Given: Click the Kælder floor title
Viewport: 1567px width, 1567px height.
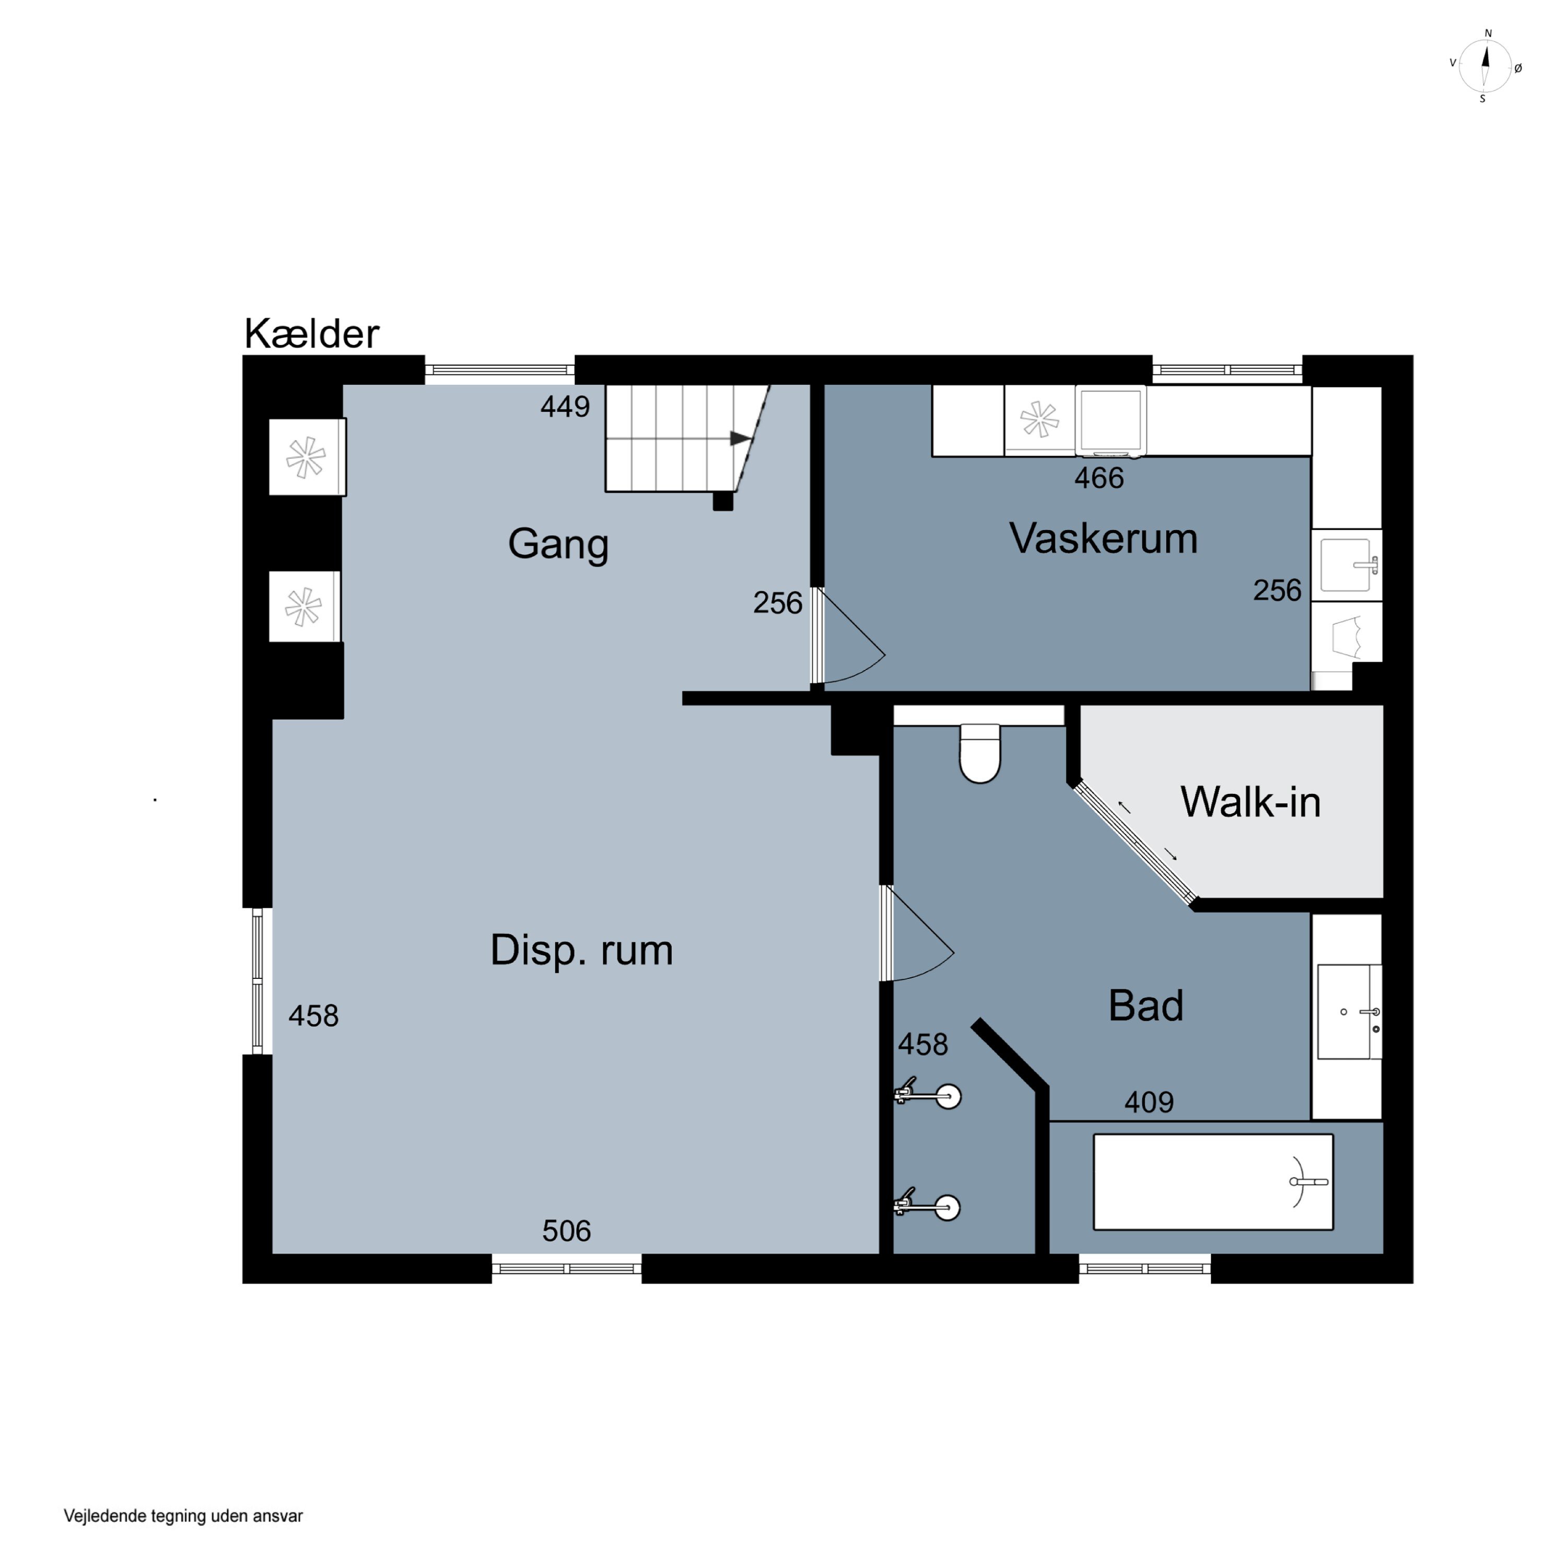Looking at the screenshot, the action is [311, 333].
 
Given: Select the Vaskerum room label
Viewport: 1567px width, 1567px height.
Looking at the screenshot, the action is [1103, 539].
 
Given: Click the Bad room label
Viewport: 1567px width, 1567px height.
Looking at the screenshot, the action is [1145, 1005].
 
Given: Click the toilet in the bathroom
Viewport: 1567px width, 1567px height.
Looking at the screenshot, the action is [980, 754].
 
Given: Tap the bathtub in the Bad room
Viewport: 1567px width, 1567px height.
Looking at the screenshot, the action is [1212, 1182].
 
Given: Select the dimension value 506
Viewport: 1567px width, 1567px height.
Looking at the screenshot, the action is [566, 1231].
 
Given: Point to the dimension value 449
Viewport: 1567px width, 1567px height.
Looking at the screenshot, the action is [565, 406].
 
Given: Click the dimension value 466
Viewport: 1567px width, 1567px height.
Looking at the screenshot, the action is [1099, 478].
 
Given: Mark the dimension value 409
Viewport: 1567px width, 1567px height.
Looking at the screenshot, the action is [1149, 1102].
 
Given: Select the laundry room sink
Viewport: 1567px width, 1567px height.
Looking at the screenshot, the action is [1347, 565].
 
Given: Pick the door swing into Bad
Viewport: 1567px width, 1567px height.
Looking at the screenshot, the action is [919, 933].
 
